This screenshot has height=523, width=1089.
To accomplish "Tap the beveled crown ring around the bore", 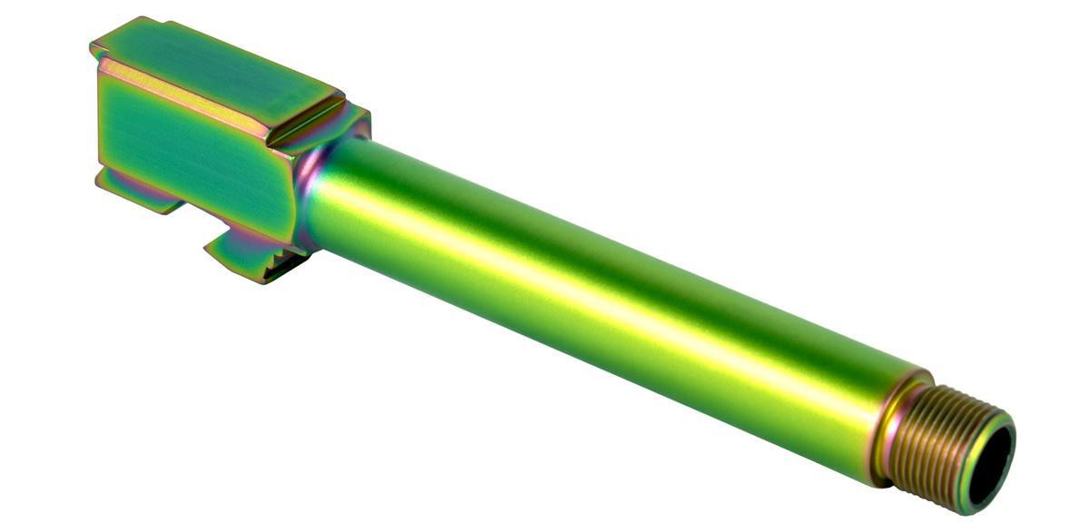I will tap(1006, 436).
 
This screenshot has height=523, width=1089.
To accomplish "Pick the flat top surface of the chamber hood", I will tap(218, 68).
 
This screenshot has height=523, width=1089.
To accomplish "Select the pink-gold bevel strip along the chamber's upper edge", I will tap(181, 91).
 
